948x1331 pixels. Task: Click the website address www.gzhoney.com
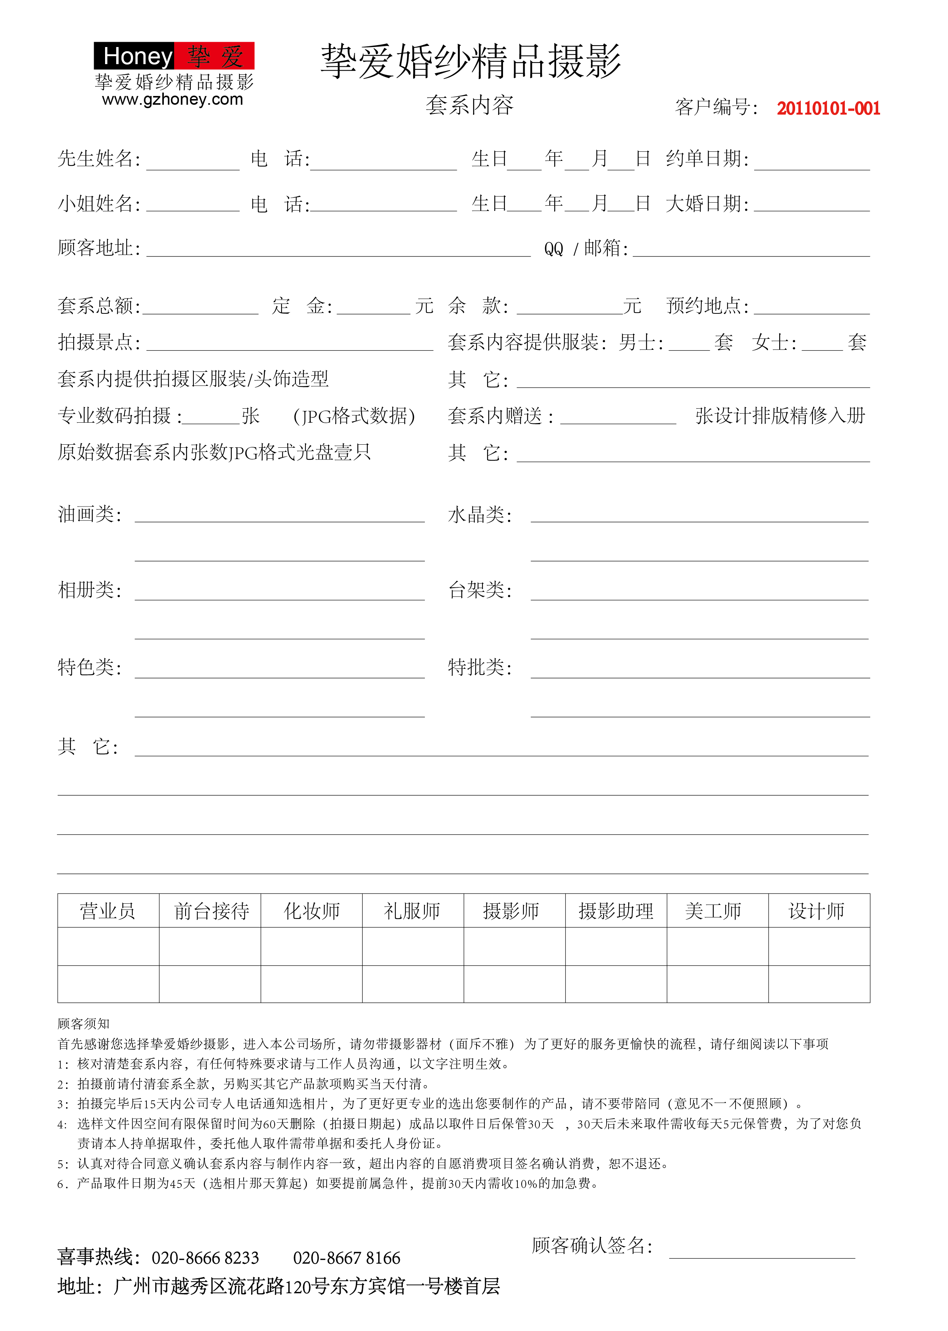click(172, 100)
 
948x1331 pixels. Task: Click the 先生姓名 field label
click(99, 159)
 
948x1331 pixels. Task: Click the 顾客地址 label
click(99, 248)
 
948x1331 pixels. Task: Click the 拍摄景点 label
click(99, 342)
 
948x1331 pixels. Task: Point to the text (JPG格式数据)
click(354, 416)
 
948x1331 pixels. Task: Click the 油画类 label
click(89, 514)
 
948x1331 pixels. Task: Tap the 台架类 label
click(479, 590)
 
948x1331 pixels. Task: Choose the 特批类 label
click(479, 667)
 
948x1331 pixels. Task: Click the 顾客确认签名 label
click(591, 1246)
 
